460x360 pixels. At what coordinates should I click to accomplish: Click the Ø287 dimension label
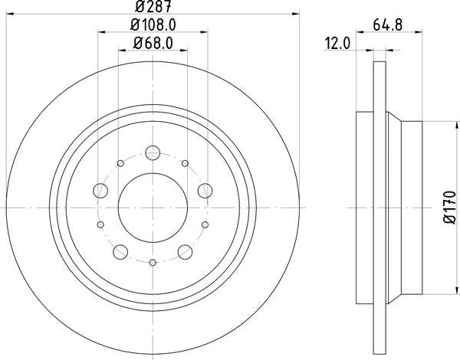pyautogui.click(x=153, y=6)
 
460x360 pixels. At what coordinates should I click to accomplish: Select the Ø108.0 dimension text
pyautogui.click(x=153, y=25)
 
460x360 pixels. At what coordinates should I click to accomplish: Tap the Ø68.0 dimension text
pyautogui.click(x=153, y=43)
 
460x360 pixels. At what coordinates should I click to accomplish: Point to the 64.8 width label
pyautogui.click(x=387, y=25)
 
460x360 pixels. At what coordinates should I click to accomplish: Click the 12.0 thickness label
pyautogui.click(x=337, y=44)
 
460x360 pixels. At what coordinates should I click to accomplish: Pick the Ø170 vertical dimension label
pyautogui.click(x=450, y=207)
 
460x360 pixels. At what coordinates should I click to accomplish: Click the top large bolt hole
pyautogui.click(x=153, y=152)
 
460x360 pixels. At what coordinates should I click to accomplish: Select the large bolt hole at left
pyautogui.click(x=100, y=191)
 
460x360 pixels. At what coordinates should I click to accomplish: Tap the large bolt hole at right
pyautogui.click(x=205, y=191)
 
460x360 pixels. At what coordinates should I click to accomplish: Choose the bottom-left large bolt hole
pyautogui.click(x=120, y=252)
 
